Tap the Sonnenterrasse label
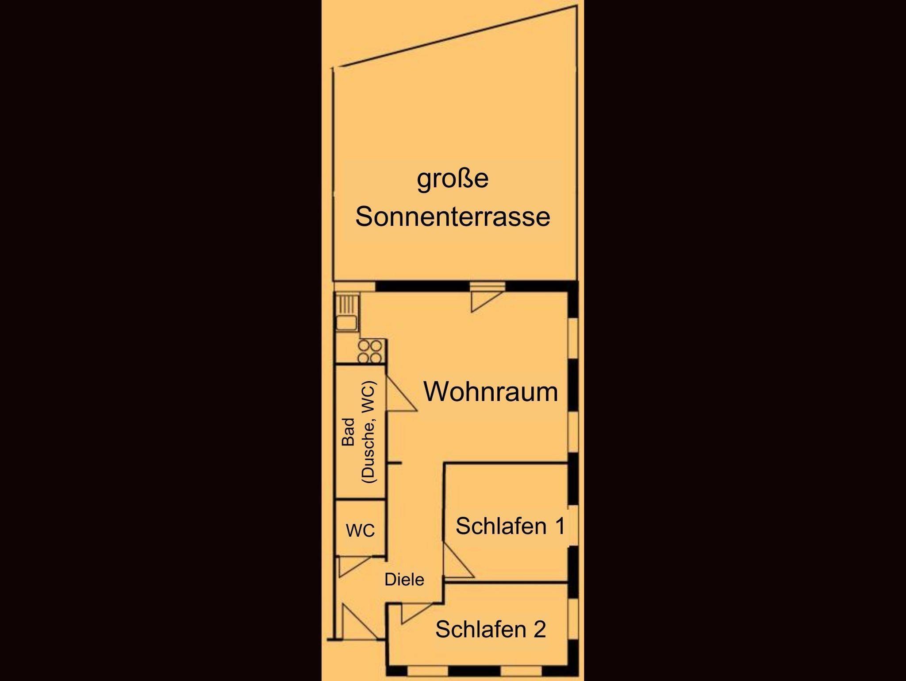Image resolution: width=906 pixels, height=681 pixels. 453,217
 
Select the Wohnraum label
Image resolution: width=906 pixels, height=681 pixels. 491,391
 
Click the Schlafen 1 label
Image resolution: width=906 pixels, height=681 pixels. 511,526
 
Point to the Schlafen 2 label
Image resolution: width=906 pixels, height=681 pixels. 491,629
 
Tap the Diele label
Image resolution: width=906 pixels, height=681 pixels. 404,580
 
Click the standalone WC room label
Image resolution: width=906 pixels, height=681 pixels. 361,530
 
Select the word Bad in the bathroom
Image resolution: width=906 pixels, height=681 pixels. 349,432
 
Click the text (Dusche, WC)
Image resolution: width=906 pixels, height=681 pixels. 369,432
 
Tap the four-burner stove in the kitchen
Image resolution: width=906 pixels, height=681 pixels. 370,352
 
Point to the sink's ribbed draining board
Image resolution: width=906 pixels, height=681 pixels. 347,304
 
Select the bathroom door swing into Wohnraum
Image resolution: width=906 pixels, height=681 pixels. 402,394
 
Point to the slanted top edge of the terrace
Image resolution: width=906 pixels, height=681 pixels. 461,36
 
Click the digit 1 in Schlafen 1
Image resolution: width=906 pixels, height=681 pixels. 560,526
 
